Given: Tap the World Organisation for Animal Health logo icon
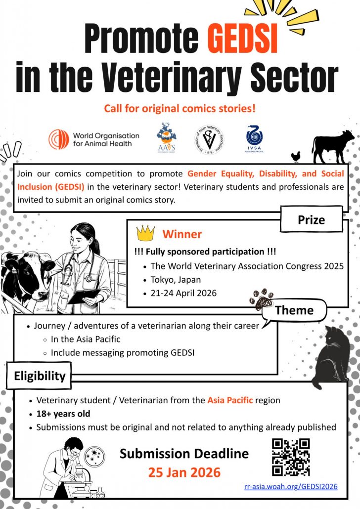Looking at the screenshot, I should [x=59, y=139].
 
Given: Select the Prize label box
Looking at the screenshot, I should [x=311, y=219].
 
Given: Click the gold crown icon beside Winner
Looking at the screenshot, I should [x=145, y=232].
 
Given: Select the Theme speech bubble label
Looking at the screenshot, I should [x=294, y=310].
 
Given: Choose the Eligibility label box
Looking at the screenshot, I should [x=39, y=376].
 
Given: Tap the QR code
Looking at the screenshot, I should [x=291, y=457].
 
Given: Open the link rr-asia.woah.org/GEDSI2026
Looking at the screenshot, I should [x=291, y=486].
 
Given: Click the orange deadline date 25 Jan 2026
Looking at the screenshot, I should [x=184, y=472].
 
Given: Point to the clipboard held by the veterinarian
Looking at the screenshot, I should [x=83, y=297].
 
